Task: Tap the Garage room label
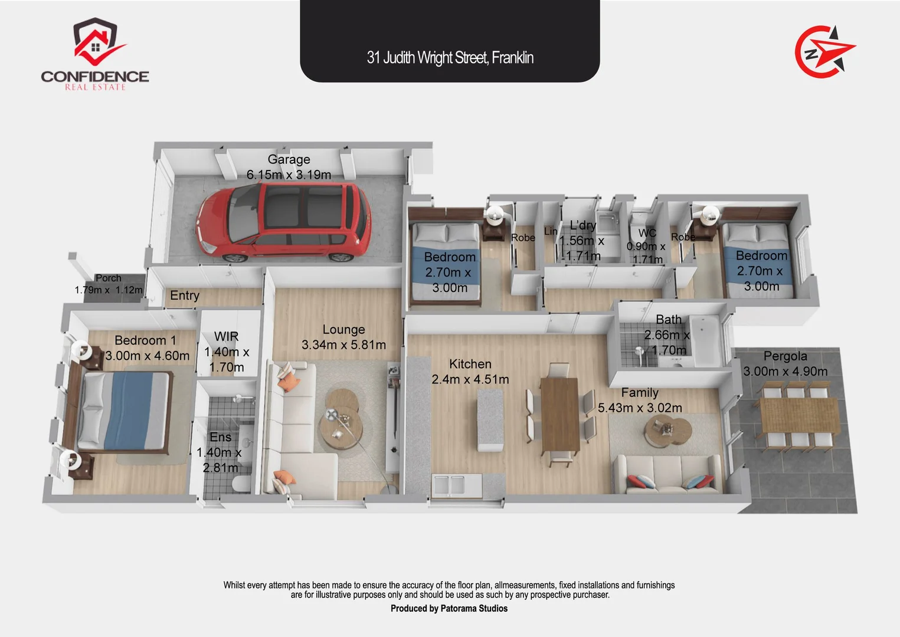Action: coord(289,159)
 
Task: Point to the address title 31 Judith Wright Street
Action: coord(450,57)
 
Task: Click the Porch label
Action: coord(109,278)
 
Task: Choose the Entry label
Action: coord(184,295)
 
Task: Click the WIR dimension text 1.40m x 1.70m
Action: coord(227,359)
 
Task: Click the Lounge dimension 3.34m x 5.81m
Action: coord(343,344)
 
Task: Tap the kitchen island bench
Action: coord(491,419)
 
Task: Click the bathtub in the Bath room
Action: coord(706,342)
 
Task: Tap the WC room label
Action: coord(647,233)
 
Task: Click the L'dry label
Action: coord(582,225)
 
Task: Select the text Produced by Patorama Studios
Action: coord(449,608)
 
